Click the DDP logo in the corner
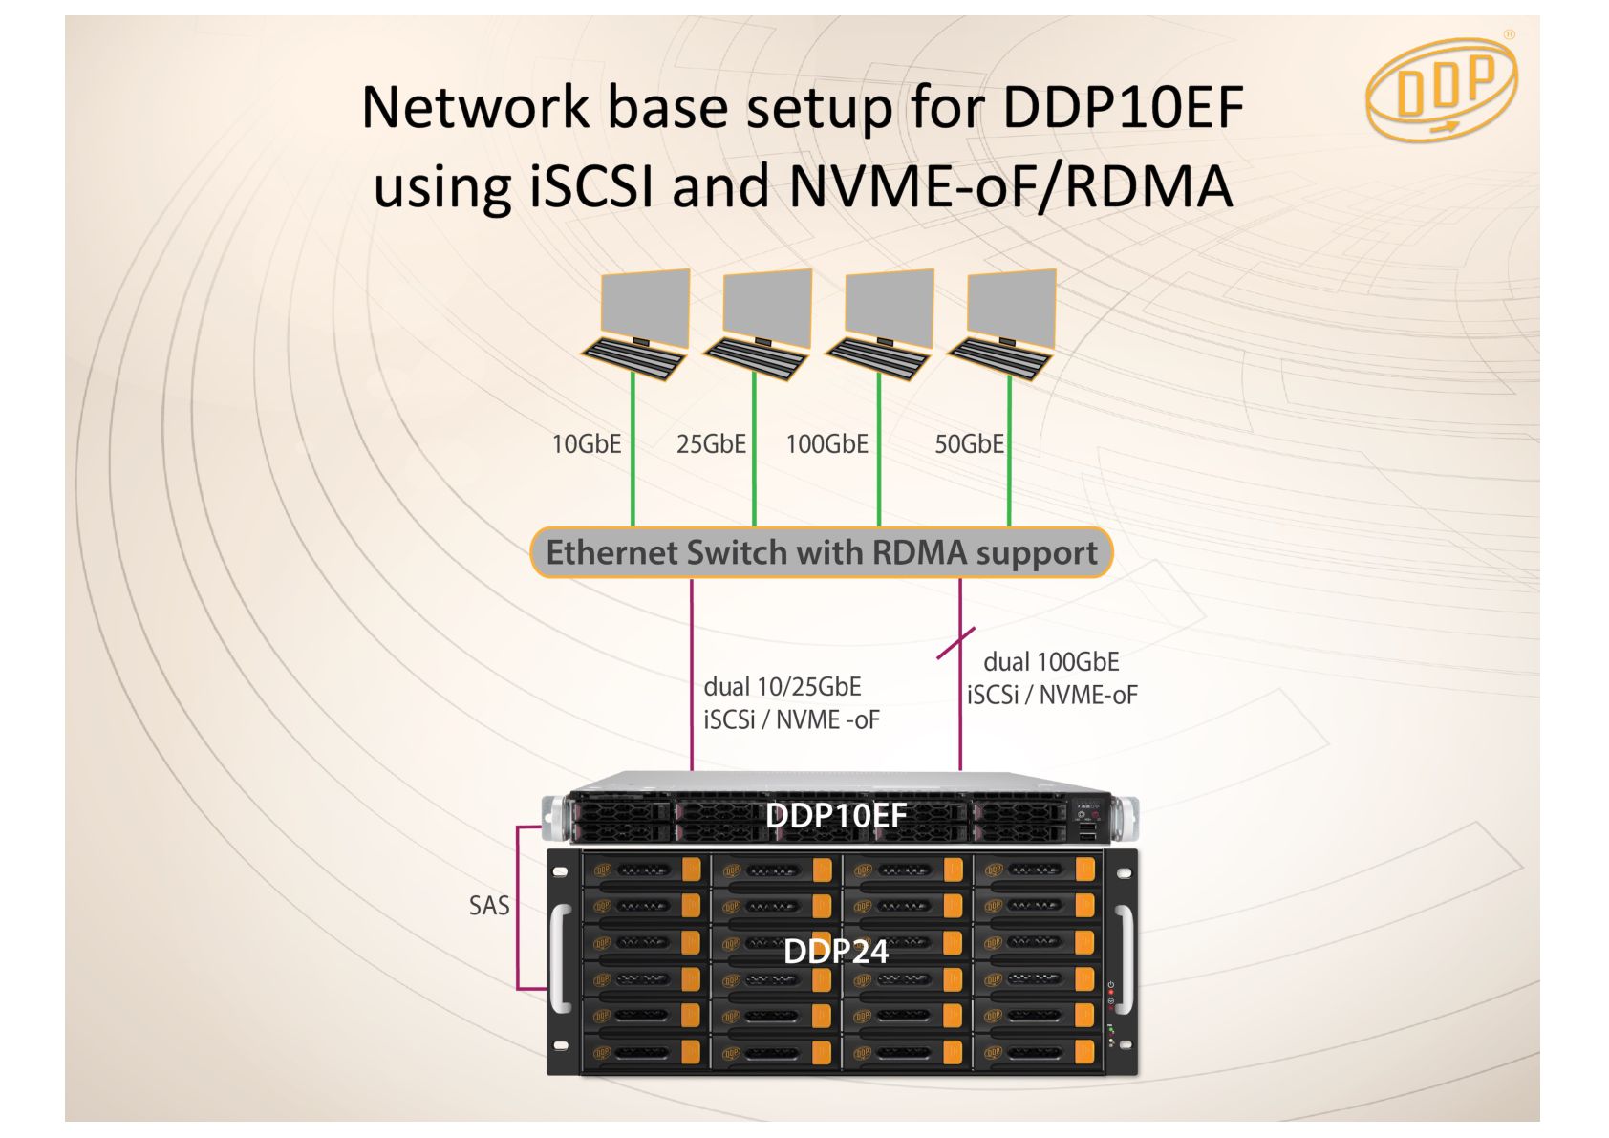tap(1442, 88)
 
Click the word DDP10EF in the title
tap(1123, 107)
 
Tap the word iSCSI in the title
tap(592, 185)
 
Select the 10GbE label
tap(586, 444)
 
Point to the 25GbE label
tap(711, 444)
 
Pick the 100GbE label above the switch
tap(827, 444)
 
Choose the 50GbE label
tap(969, 444)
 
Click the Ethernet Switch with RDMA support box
tap(822, 552)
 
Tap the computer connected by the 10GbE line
tap(635, 325)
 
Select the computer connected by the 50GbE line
tap(1001, 325)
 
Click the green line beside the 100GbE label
tap(879, 450)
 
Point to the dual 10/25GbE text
tap(783, 687)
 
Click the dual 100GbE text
tap(1052, 661)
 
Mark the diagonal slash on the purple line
tap(956, 643)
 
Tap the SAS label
tap(489, 905)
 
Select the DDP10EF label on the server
tap(836, 815)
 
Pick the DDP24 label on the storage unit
tap(836, 952)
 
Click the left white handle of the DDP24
tap(561, 957)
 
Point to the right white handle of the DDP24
tap(1125, 957)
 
